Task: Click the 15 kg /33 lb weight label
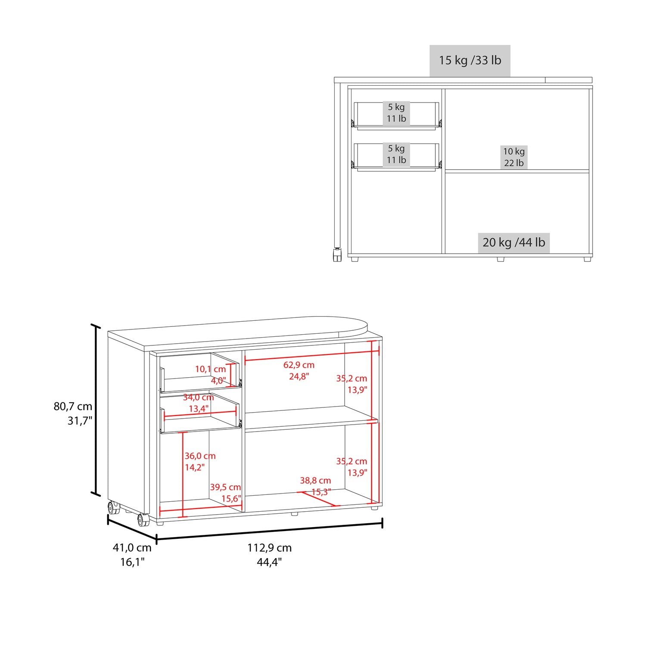[470, 60]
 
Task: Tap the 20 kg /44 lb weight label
[513, 242]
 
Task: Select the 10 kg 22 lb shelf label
[514, 157]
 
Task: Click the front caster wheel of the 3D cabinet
[143, 520]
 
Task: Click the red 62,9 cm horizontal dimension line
[310, 355]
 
